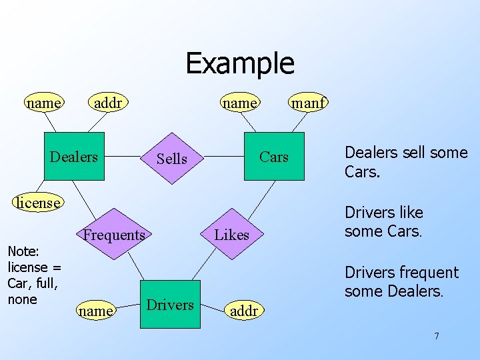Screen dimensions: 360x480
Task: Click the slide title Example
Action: [239, 63]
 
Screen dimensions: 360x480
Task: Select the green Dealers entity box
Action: [74, 157]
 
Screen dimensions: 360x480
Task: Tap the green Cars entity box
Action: [273, 157]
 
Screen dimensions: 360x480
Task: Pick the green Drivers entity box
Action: [170, 305]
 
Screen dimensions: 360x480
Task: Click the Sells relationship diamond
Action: [171, 159]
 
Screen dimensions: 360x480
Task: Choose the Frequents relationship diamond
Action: [114, 235]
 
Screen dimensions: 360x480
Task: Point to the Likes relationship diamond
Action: [231, 235]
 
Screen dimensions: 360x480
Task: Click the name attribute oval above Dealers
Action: [44, 103]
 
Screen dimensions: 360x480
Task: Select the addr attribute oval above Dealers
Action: [107, 103]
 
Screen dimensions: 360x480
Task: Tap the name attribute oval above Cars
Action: [240, 103]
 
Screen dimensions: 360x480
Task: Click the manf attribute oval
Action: [307, 103]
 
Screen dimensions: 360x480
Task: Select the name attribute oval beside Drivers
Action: [95, 311]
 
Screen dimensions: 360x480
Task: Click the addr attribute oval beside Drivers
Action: [243, 311]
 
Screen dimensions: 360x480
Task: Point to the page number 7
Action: [437, 336]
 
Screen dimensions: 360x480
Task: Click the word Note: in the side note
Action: [23, 251]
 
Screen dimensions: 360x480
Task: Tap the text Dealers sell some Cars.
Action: [405, 162]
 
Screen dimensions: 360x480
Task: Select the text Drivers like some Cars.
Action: [383, 222]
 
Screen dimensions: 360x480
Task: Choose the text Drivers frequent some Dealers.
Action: [401, 281]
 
